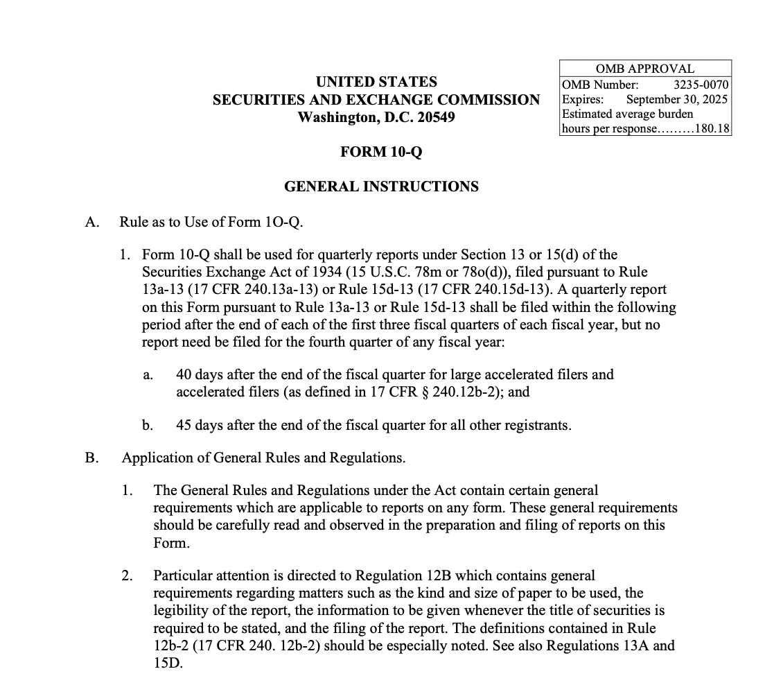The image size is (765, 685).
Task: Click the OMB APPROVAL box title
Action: [x=644, y=69]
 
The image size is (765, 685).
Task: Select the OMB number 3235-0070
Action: [x=701, y=85]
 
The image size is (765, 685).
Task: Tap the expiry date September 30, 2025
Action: [x=676, y=99]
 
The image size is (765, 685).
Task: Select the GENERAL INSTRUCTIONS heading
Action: [x=381, y=187]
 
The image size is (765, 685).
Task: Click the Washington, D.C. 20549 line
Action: [x=376, y=117]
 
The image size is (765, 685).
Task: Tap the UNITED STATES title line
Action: [x=376, y=82]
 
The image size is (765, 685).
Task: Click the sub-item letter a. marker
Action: [x=148, y=375]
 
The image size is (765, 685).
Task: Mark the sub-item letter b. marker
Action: [x=148, y=424]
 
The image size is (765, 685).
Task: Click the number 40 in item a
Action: [x=184, y=374]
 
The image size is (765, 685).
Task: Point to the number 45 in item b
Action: [x=184, y=424]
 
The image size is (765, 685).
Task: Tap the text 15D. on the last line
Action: [x=168, y=663]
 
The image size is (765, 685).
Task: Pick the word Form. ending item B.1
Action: [x=171, y=543]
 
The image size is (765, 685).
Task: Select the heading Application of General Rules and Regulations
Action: [x=263, y=458]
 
